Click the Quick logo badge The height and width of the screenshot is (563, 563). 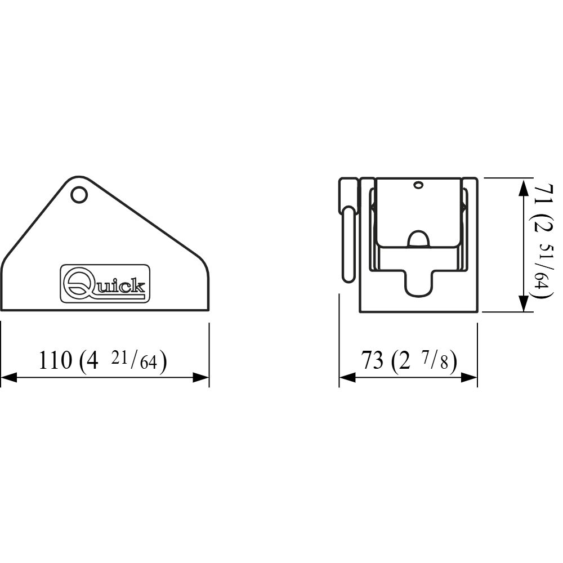point(105,283)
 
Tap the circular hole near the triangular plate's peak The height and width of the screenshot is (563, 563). point(79,194)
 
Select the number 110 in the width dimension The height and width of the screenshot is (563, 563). point(55,360)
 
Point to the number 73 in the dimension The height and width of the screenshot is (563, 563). point(372,360)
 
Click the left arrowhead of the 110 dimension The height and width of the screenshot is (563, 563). point(9,377)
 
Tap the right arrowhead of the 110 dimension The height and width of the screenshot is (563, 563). point(201,377)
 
